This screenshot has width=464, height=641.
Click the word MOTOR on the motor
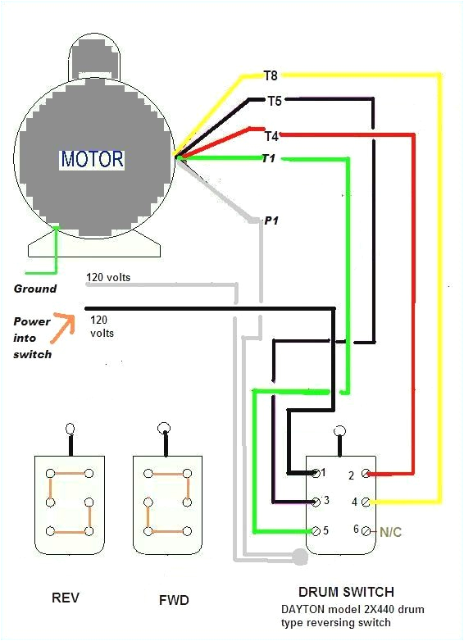[92, 159]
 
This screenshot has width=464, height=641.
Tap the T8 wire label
[271, 76]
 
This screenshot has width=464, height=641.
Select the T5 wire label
[275, 102]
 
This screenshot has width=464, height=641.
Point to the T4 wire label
[271, 135]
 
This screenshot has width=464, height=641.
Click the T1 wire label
[267, 159]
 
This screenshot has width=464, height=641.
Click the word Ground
[35, 289]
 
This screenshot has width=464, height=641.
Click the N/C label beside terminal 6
[390, 532]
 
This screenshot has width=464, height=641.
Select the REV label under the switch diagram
[65, 598]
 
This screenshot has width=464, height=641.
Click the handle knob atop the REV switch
[71, 428]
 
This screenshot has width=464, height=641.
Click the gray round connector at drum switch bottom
[300, 557]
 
